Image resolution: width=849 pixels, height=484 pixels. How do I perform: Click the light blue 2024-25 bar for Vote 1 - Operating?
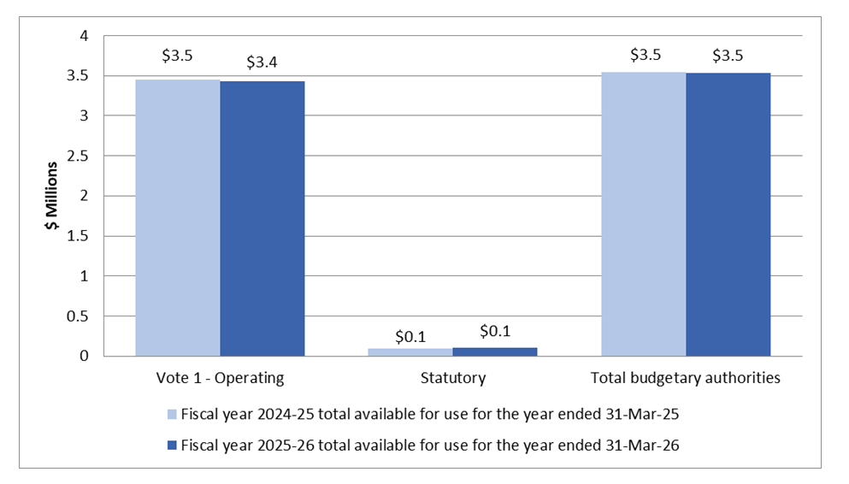tap(178, 217)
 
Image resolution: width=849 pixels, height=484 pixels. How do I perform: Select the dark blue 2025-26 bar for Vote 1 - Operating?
tap(262, 218)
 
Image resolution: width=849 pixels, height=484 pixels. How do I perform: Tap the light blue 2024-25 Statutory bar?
tap(410, 351)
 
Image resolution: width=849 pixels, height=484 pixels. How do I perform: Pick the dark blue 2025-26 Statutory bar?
tap(495, 351)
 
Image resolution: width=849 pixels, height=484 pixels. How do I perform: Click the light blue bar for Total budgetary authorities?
tap(643, 214)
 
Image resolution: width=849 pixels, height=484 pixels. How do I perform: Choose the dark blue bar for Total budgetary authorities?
tap(728, 214)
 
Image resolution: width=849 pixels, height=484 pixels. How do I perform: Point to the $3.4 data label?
tap(262, 62)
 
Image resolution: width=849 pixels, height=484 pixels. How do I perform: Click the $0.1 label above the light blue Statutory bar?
tap(410, 336)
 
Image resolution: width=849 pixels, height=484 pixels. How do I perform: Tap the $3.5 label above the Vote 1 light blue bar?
tap(177, 56)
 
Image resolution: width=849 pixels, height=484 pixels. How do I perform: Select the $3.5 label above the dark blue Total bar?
tap(728, 56)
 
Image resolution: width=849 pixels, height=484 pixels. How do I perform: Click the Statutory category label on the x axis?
tap(452, 377)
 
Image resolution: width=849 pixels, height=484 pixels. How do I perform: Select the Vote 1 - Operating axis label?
tap(220, 377)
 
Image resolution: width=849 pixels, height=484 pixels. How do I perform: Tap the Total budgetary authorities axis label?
tap(686, 377)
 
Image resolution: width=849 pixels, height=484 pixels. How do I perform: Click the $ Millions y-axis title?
tap(52, 196)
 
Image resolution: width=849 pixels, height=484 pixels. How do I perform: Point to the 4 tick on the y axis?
tap(84, 36)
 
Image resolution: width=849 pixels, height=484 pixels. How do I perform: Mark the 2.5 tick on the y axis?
tap(79, 156)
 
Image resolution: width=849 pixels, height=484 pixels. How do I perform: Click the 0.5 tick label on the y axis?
tap(79, 316)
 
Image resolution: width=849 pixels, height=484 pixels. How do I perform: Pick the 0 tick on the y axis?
tap(84, 356)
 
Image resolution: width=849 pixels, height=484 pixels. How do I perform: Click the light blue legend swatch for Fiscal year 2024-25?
tap(172, 414)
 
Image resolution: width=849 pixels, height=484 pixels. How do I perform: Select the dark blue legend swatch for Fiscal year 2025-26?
tap(172, 444)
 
